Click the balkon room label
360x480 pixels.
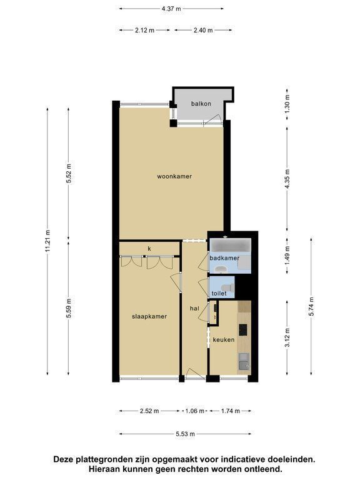(201, 104)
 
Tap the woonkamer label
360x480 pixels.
(174, 176)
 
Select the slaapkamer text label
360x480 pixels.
(149, 316)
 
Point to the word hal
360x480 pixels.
(194, 308)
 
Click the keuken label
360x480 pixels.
(224, 339)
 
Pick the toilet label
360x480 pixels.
(219, 293)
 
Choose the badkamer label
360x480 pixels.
(224, 258)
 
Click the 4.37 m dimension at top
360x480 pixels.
(171, 9)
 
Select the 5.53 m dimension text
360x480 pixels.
(185, 434)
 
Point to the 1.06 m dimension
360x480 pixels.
(195, 411)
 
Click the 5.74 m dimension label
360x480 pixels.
(311, 306)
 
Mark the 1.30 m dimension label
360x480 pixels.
(287, 104)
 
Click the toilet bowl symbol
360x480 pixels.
(227, 287)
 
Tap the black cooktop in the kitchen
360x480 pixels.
(243, 330)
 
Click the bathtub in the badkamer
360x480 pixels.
(230, 246)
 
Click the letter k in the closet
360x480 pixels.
(149, 249)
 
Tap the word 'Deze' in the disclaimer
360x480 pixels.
(64, 459)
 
